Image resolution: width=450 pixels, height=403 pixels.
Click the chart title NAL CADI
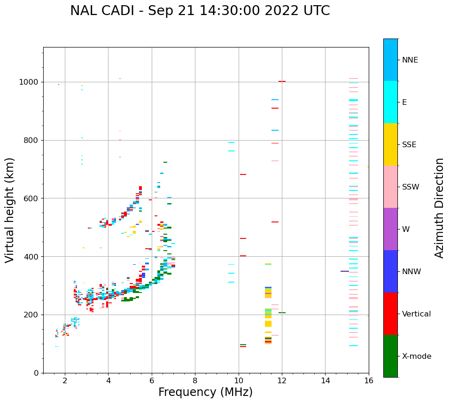coord(200,11)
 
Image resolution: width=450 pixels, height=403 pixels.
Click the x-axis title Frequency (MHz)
coord(205,392)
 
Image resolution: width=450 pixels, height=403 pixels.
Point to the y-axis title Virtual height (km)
coord(10,210)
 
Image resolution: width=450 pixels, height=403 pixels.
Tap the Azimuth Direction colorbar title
coord(439,208)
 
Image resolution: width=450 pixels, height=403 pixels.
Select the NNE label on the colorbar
coord(410,60)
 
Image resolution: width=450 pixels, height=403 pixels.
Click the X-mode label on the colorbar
coord(416,356)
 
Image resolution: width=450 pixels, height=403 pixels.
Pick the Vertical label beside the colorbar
coord(416,314)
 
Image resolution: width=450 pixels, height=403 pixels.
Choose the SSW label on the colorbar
coord(411,187)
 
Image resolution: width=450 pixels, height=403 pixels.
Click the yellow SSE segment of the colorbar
coord(390,144)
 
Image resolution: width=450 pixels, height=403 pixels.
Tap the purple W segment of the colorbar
coord(390,229)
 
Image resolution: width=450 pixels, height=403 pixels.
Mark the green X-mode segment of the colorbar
coord(390,356)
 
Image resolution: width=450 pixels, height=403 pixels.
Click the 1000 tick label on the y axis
coord(29,82)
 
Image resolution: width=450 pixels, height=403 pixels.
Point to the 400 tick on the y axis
coord(32,257)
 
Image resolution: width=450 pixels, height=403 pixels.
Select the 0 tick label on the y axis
coord(36,373)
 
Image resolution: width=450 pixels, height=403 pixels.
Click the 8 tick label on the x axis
coord(195,380)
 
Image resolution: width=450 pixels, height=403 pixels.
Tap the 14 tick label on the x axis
coord(325,380)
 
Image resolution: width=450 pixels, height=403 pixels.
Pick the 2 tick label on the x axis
coord(65,380)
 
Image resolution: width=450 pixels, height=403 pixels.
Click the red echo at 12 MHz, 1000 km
coord(282,81)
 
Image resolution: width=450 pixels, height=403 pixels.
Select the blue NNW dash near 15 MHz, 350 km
coord(345,271)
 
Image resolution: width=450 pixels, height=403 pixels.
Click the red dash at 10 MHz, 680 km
coord(243,174)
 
